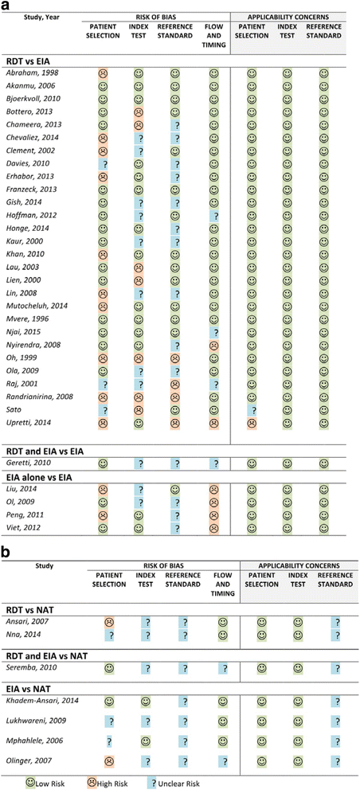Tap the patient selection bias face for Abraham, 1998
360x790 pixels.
pyautogui.click(x=104, y=73)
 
